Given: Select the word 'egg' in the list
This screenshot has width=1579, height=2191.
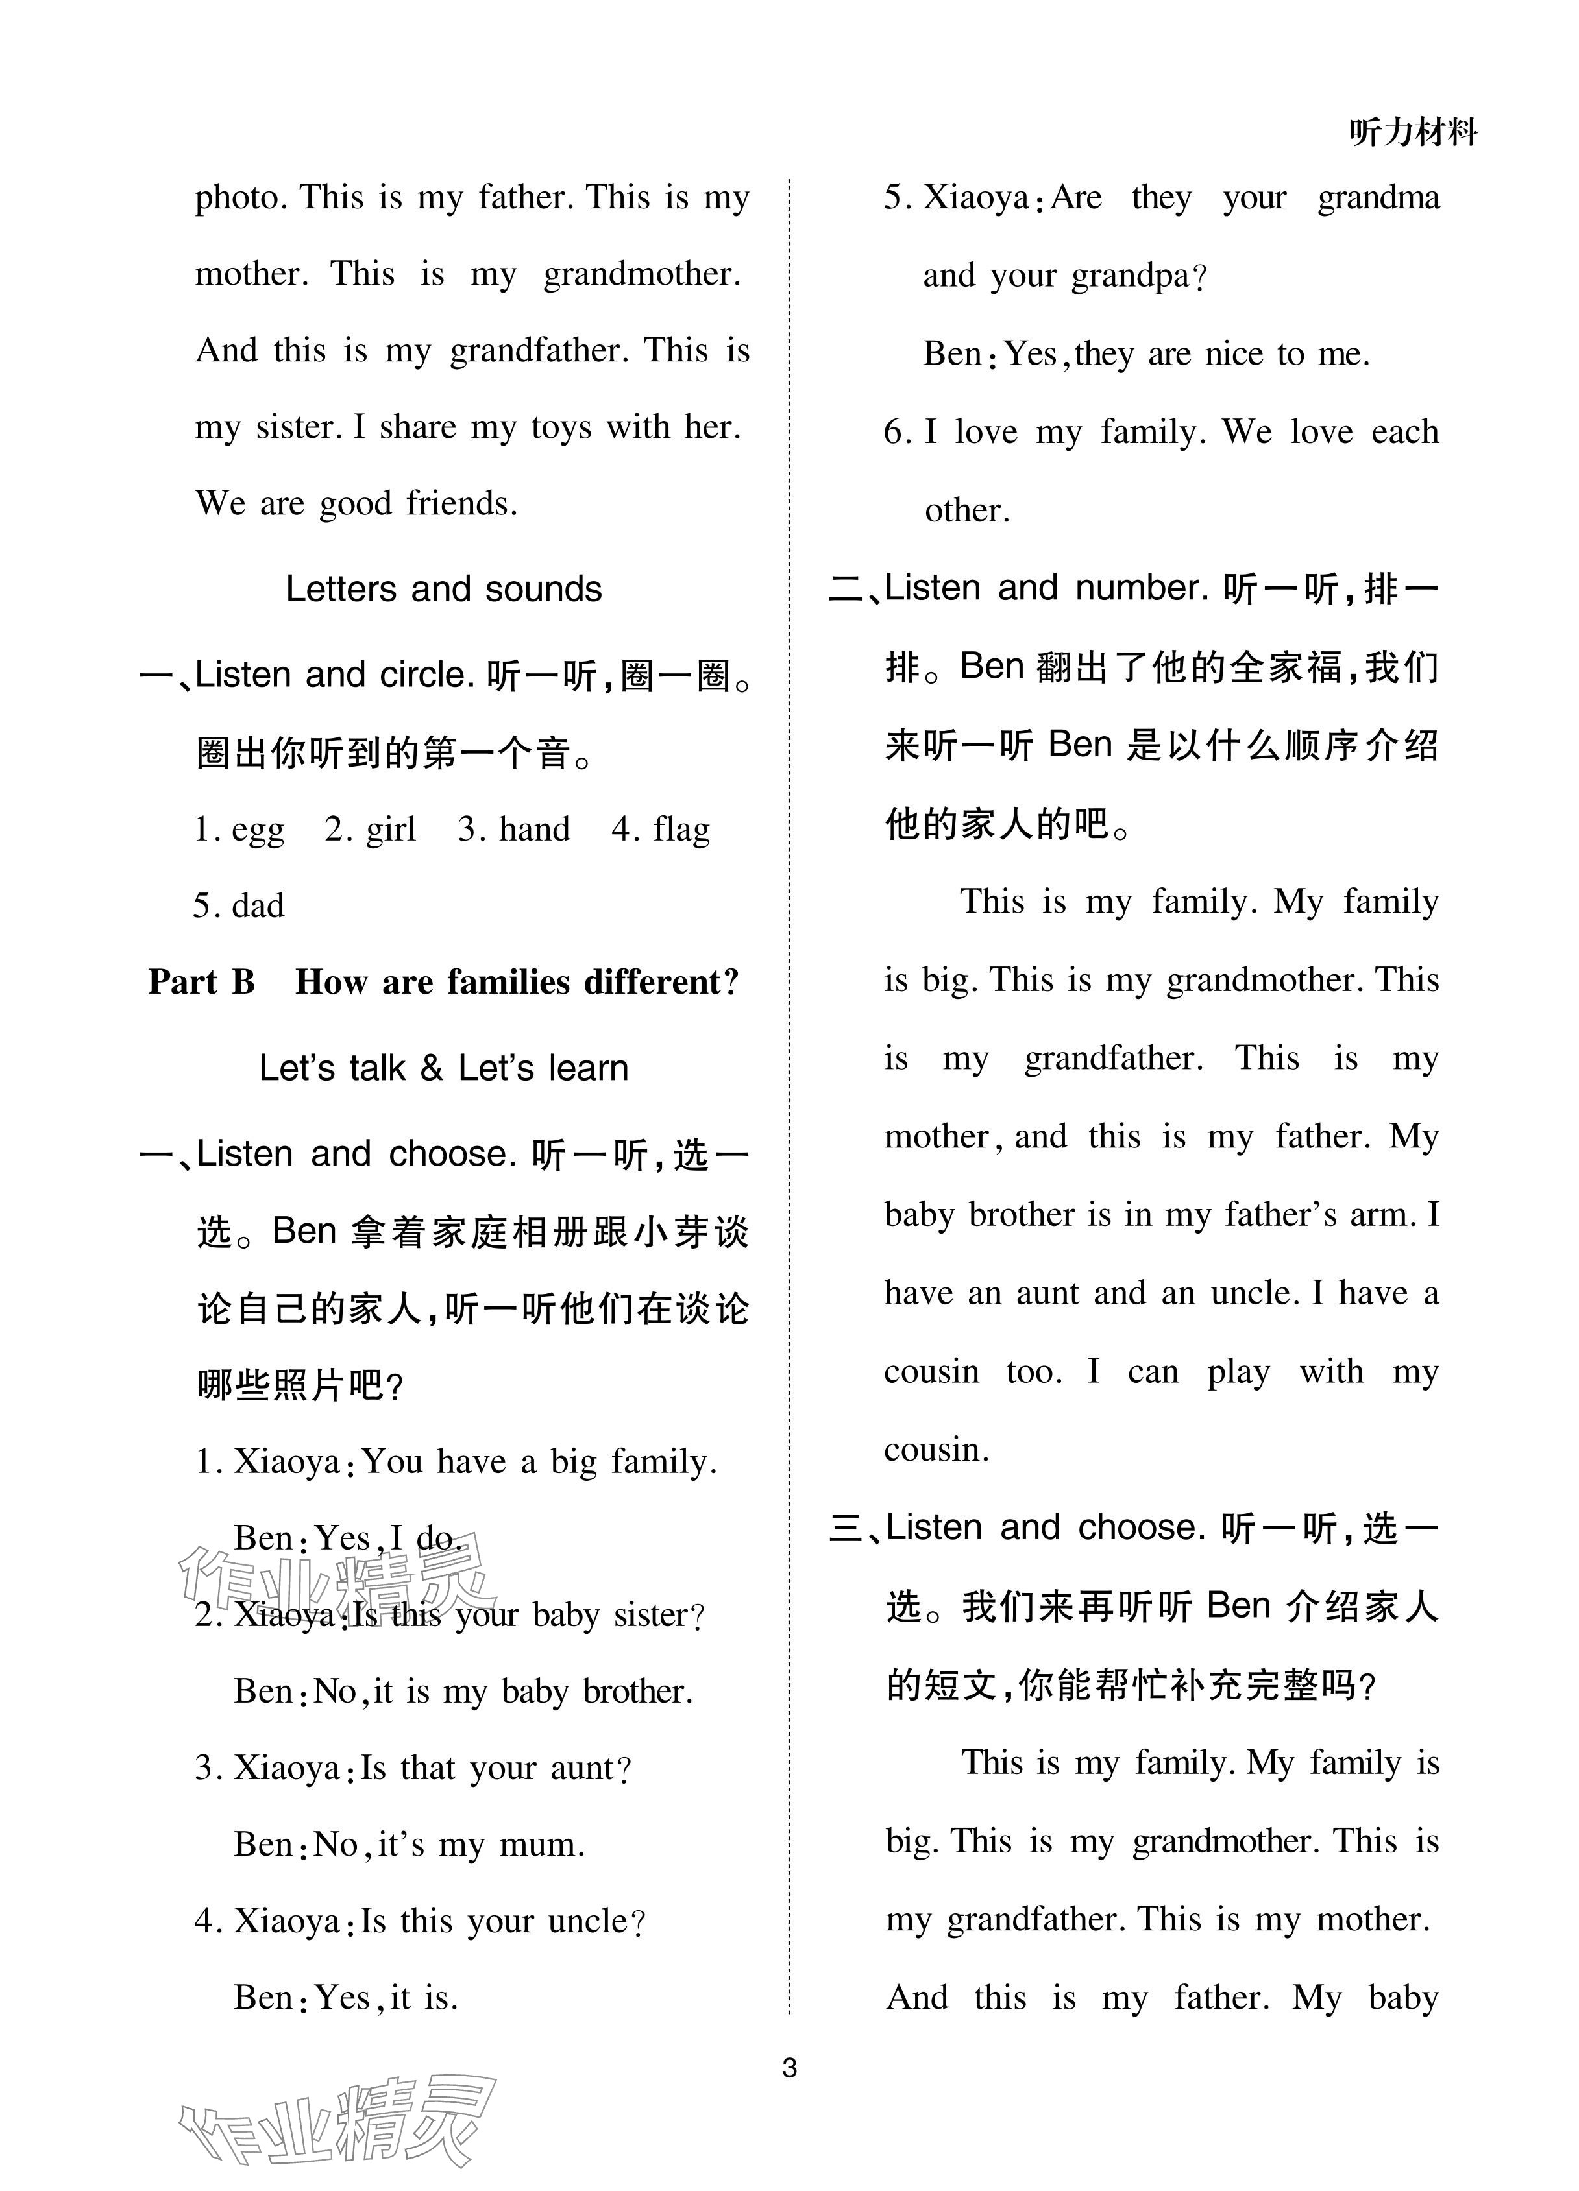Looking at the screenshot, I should (x=258, y=830).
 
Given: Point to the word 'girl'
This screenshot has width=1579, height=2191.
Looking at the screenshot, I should (x=391, y=830).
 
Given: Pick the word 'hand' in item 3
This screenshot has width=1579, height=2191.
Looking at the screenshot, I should (x=533, y=830).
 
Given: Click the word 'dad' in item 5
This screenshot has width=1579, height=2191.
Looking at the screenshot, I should (x=258, y=906).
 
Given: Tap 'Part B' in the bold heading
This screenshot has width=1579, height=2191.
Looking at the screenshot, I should (x=201, y=983).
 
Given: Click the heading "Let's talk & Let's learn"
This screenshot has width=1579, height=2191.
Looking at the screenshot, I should (x=443, y=1068).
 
